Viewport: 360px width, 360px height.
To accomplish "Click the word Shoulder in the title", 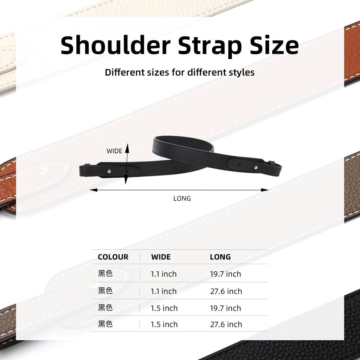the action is point(115,45).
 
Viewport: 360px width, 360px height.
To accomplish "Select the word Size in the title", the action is point(274,45).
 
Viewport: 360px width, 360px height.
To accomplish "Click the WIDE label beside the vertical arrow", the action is point(114,151).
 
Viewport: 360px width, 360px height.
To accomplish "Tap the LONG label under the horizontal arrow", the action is point(182,198).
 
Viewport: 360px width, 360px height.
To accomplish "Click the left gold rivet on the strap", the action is point(109,171).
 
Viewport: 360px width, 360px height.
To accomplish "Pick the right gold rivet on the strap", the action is point(256,168).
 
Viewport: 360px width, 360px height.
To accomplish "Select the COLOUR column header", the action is point(113,257).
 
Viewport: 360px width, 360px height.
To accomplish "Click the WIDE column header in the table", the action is point(161,257).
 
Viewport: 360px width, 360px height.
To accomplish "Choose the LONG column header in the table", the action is point(220,257).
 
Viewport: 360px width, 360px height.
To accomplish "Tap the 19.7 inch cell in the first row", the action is point(225,274).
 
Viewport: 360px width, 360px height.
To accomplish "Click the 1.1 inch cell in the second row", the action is point(163,291).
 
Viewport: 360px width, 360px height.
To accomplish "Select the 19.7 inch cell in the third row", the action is point(225,308).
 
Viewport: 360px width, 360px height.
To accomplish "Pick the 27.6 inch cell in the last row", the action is point(226,324).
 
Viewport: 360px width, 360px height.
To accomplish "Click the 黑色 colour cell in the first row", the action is point(105,274).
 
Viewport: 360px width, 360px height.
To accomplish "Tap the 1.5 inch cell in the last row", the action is point(164,324).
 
